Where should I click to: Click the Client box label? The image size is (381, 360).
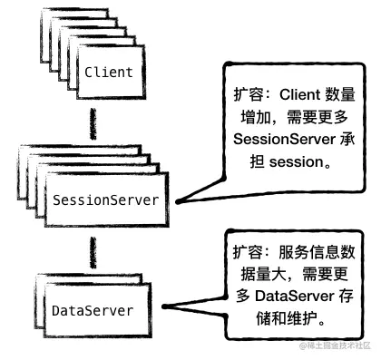109,72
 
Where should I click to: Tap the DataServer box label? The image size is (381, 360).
93,311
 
